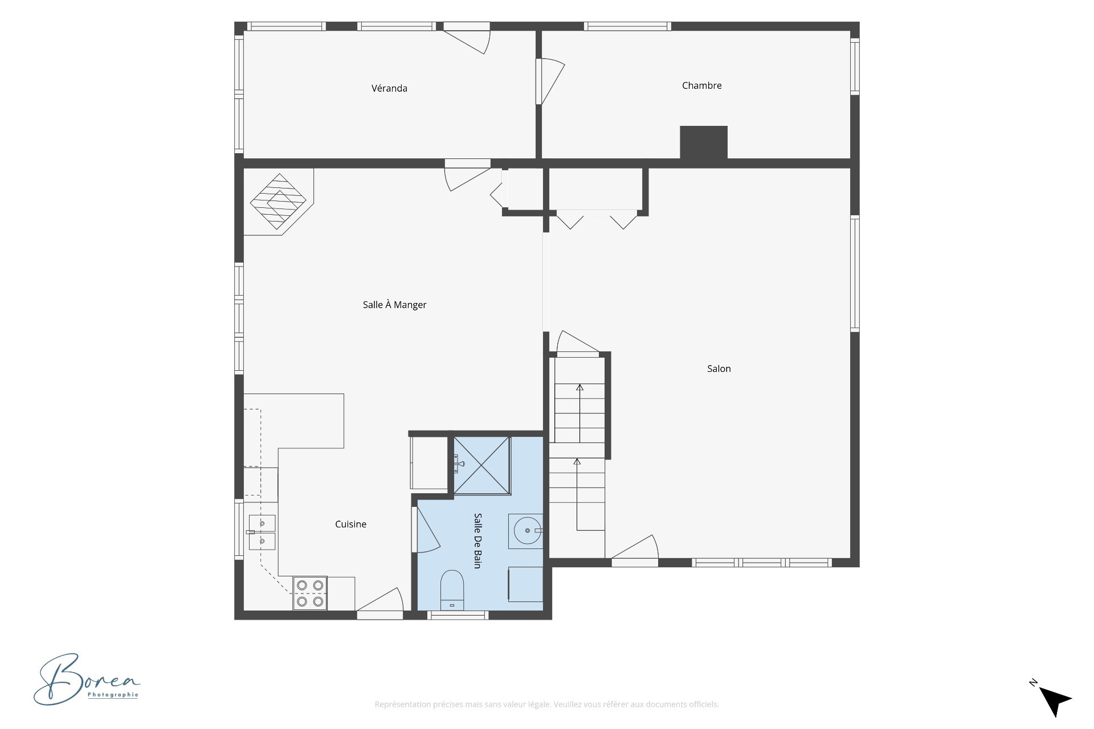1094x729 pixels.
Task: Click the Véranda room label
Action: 389,88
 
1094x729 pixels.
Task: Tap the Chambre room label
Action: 701,85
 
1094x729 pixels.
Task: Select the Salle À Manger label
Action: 394,305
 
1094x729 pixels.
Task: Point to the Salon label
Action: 719,368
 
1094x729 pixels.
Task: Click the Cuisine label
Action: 350,524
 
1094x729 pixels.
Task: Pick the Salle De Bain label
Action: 478,540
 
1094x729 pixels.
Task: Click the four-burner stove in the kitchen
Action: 310,593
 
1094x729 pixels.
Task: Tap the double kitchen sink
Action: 262,532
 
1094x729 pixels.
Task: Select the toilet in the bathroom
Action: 452,589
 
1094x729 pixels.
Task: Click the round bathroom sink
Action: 526,531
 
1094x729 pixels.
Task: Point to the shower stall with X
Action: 481,465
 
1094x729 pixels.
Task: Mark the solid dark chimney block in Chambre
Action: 704,142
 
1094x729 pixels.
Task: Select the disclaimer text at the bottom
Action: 546,705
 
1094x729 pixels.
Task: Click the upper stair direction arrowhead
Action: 579,388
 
